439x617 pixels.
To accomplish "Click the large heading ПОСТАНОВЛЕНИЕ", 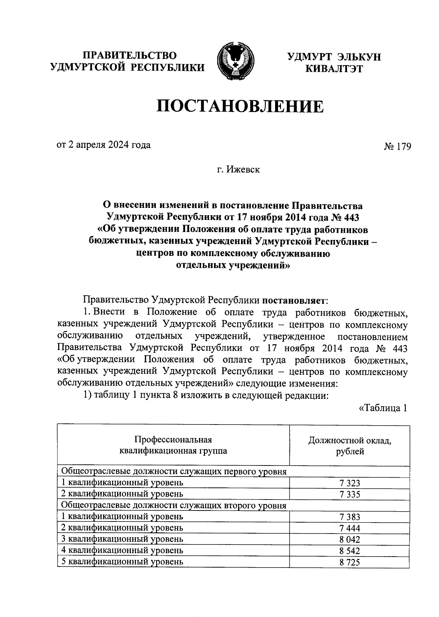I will click(240, 107).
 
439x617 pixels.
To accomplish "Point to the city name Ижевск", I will click(243, 170).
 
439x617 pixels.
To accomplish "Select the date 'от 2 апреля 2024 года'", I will click(103, 145).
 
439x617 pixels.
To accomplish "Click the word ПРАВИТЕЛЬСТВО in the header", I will click(130, 56).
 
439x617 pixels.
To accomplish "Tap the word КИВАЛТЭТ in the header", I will click(334, 68).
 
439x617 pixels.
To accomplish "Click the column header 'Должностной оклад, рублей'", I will click(349, 446).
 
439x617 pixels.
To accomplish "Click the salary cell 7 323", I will click(349, 483).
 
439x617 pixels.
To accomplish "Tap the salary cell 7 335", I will click(349, 495).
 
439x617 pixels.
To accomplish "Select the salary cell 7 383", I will click(349, 517).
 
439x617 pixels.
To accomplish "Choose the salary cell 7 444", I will click(349, 528).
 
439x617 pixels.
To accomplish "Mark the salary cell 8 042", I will click(349, 540).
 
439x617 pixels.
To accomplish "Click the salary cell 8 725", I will click(349, 562).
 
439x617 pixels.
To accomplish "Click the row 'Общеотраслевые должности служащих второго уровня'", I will click(173, 506).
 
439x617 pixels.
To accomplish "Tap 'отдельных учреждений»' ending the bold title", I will click(233, 265).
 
